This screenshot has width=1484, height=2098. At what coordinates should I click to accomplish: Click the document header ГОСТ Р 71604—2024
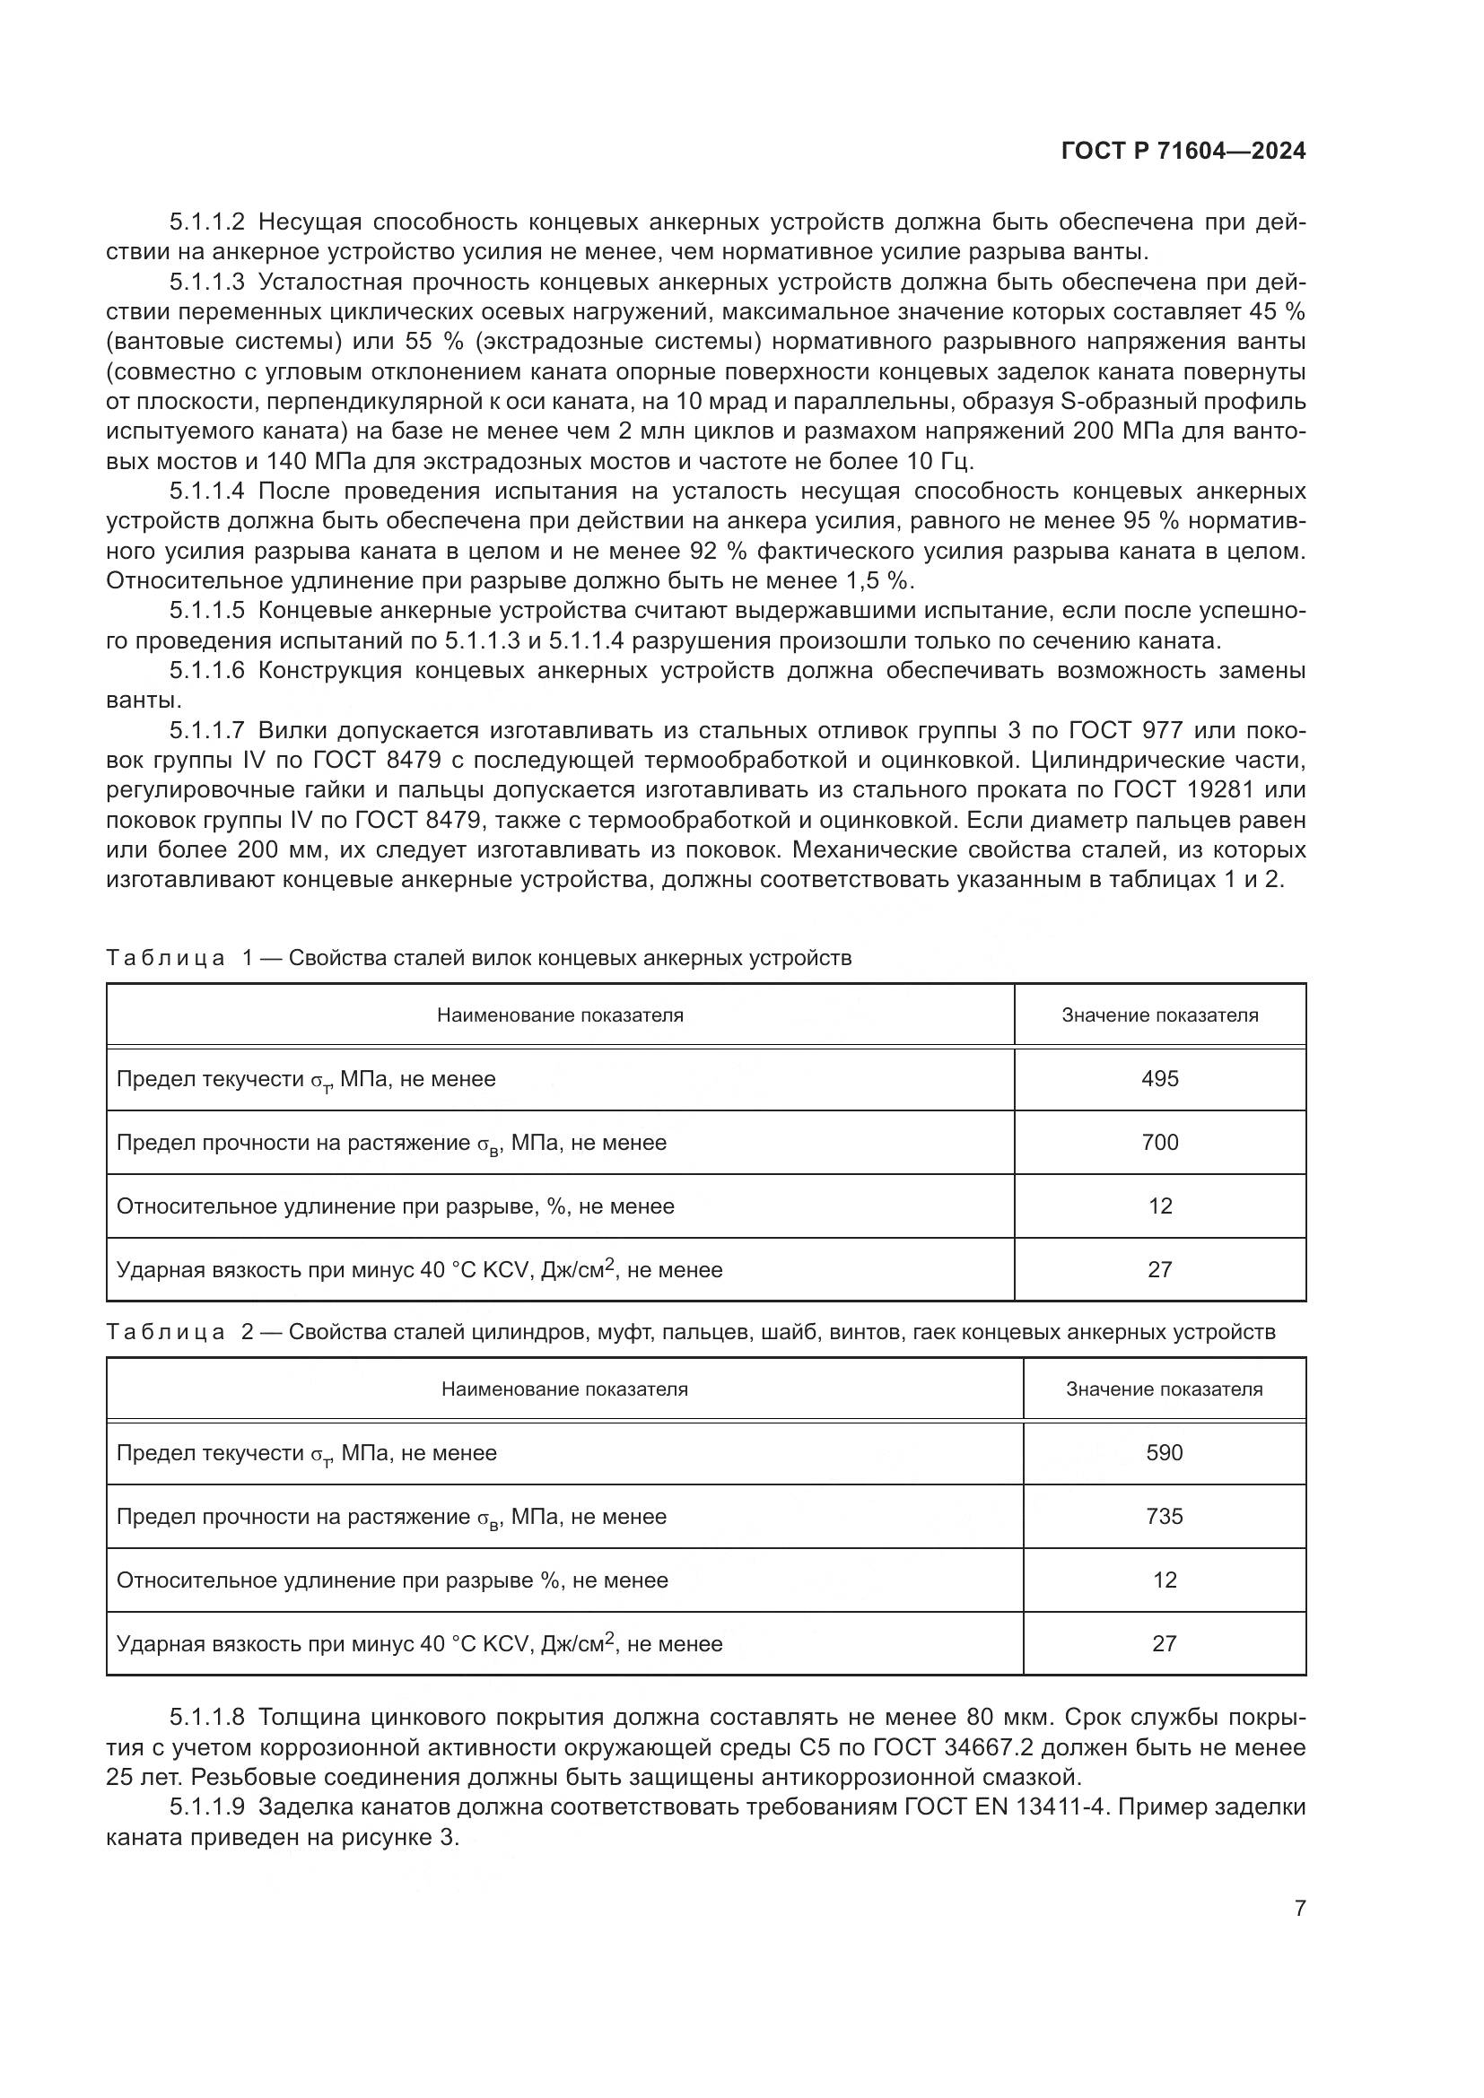point(1183,152)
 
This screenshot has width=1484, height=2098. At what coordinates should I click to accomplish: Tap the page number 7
point(1299,1908)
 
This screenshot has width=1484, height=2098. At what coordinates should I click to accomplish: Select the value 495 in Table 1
point(1159,1078)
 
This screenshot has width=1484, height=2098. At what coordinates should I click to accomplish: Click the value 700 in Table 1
point(1159,1142)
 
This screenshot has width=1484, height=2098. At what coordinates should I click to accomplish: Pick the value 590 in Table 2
point(1165,1452)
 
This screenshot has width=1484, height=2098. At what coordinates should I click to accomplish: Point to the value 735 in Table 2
point(1165,1516)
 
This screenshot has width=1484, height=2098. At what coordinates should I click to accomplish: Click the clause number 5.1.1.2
point(207,222)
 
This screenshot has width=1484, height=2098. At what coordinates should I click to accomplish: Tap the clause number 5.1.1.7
point(207,730)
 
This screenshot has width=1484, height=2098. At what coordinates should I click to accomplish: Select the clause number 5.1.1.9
point(207,1806)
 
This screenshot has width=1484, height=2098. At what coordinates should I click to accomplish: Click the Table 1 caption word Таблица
point(165,958)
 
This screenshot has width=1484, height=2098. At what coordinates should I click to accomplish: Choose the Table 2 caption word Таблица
point(165,1331)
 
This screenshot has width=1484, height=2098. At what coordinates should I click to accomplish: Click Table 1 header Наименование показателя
point(559,1015)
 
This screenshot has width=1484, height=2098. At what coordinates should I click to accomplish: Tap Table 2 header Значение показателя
point(1165,1389)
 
